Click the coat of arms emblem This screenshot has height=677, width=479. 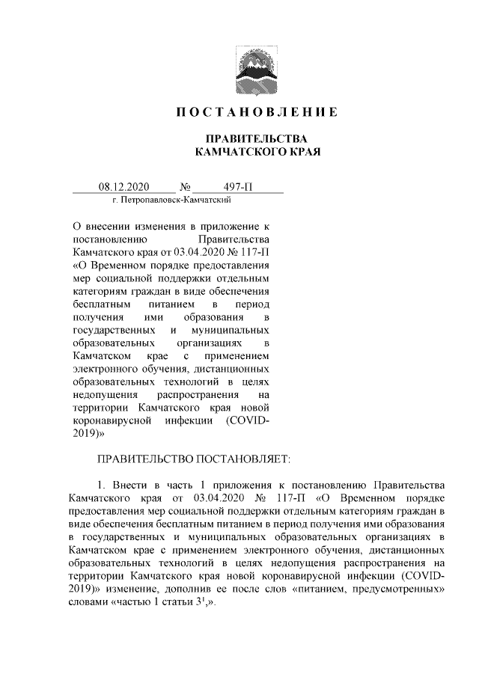point(257,66)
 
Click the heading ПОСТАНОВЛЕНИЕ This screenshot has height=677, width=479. point(257,113)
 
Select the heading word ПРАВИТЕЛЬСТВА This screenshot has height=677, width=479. point(257,139)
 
